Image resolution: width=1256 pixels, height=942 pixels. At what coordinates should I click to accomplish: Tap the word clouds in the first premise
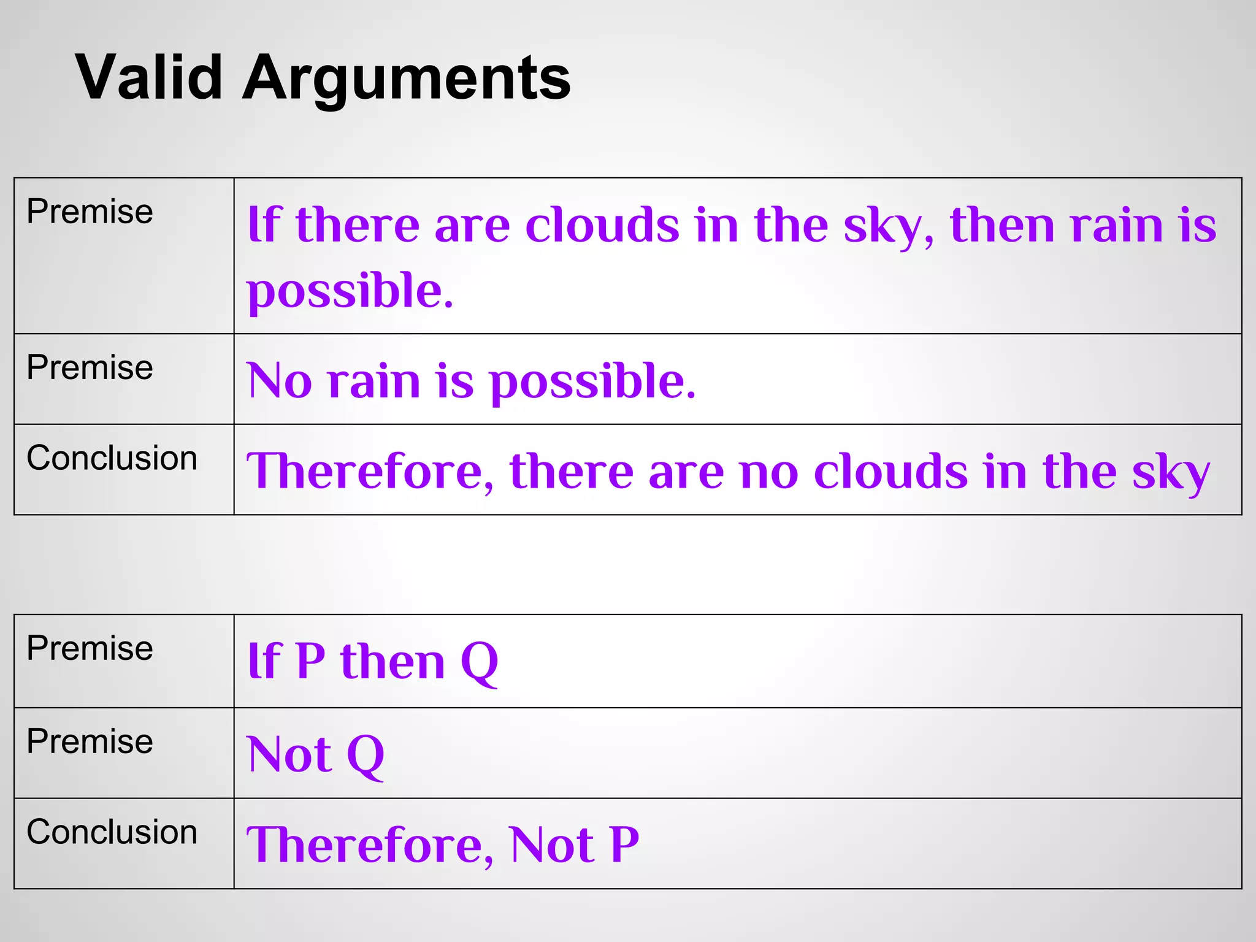602,225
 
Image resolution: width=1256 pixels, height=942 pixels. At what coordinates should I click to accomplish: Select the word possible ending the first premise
350,291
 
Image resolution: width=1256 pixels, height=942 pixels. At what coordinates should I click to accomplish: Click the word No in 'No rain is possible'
279,381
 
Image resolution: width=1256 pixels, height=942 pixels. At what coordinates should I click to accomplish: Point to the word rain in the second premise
373,381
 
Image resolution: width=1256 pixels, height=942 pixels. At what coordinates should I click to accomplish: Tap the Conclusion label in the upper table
112,458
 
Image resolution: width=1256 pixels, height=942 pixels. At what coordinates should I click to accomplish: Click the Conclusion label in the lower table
112,832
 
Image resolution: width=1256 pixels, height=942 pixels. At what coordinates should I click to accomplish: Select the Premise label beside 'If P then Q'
90,648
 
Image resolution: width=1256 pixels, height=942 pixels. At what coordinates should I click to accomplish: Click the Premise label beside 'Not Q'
90,741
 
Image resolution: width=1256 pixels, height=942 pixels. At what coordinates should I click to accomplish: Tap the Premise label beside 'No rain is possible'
90,368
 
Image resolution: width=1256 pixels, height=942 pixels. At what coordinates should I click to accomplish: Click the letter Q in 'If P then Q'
479,662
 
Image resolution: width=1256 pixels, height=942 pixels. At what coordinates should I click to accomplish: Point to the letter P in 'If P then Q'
310,661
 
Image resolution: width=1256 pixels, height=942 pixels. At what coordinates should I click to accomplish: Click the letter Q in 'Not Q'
365,756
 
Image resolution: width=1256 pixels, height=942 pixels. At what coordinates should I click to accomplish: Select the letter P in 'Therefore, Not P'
624,845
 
